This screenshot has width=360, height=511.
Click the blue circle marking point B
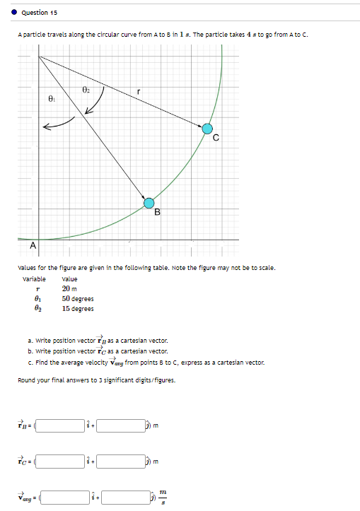[149, 203]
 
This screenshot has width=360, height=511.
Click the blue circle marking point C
[207, 129]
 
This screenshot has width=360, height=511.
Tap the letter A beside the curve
[32, 246]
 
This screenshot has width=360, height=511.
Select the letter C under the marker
[216, 139]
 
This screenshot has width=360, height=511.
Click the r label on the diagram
[139, 90]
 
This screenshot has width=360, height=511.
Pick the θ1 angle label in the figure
[51, 100]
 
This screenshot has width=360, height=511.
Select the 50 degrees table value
[78, 299]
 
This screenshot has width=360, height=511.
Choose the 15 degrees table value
[78, 308]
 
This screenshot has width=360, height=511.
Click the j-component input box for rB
[120, 425]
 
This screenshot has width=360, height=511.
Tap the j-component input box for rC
[120, 462]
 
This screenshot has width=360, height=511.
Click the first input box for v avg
[64, 497]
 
